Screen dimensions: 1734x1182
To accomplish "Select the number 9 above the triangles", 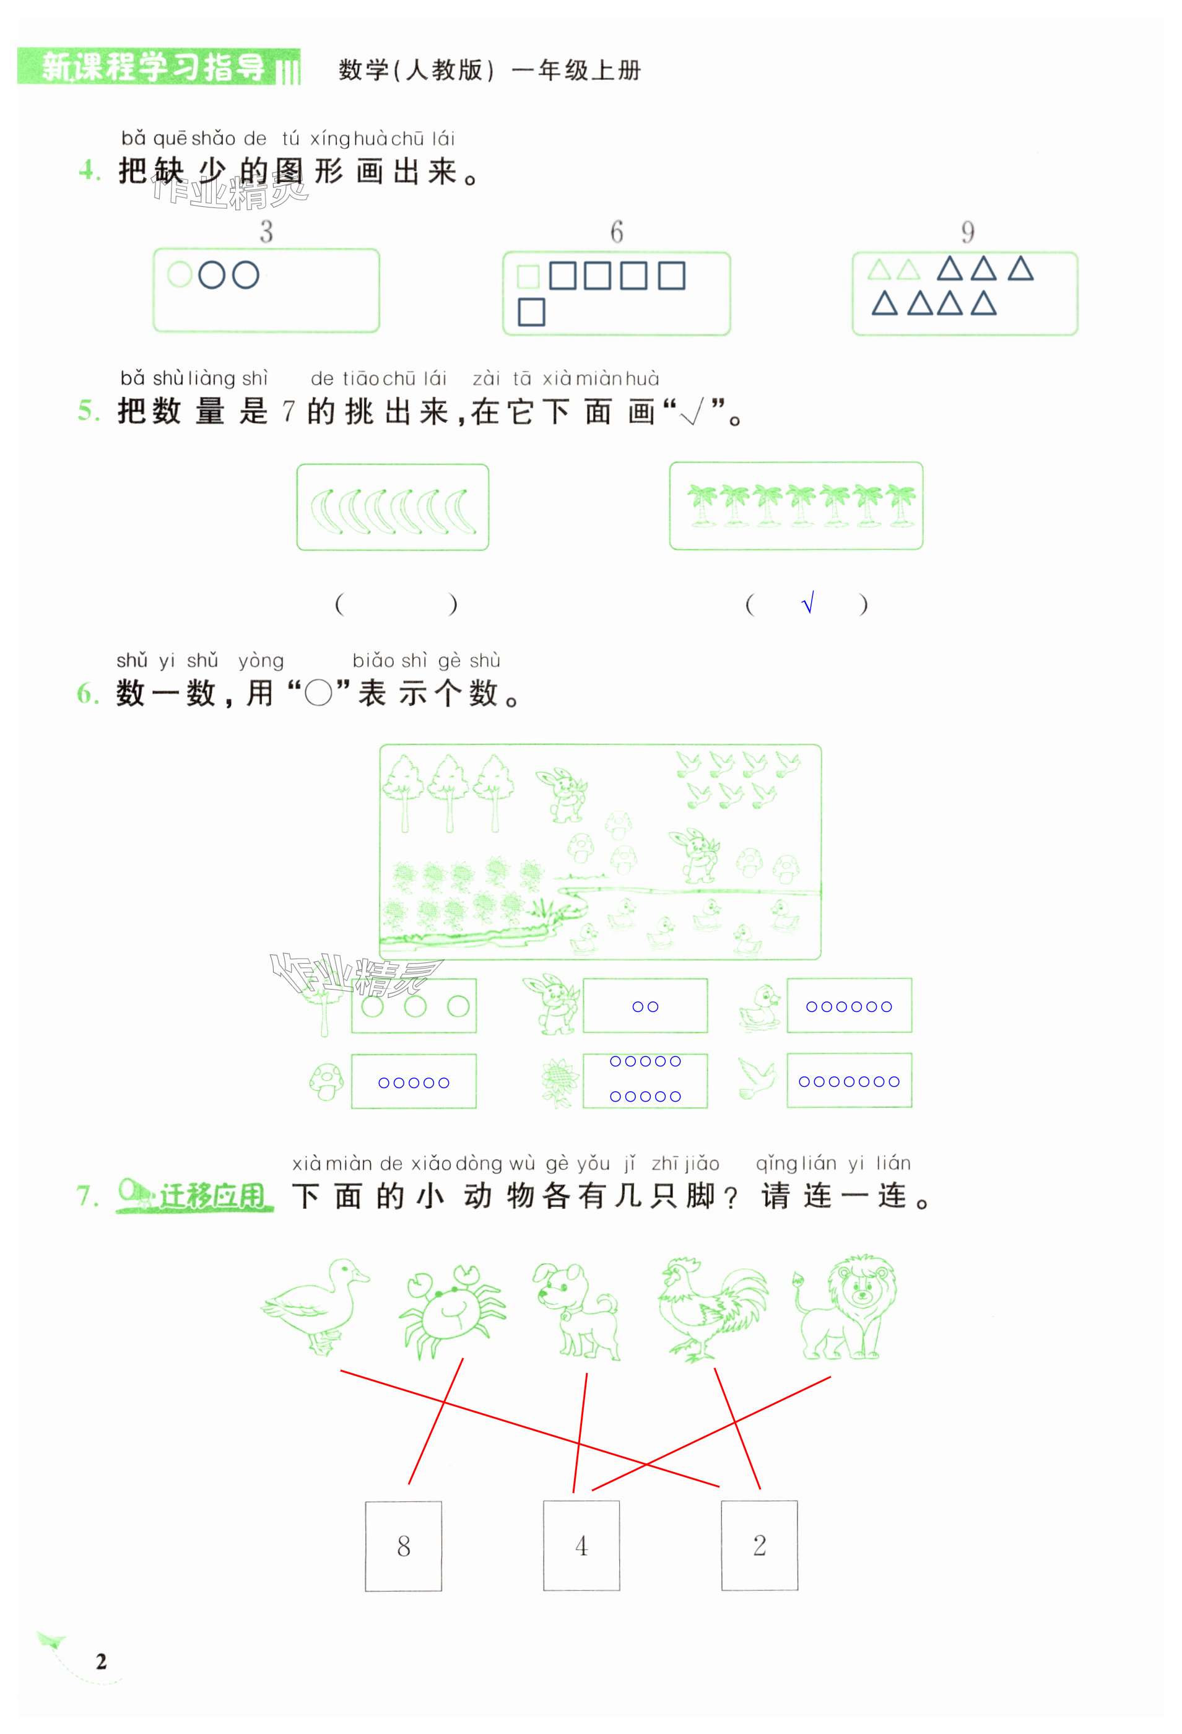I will (x=967, y=233).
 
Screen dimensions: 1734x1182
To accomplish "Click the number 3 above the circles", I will (x=266, y=233).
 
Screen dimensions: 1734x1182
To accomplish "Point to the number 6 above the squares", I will (x=616, y=233).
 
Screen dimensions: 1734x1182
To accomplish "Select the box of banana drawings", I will (x=393, y=507).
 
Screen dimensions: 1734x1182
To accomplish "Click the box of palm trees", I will (x=796, y=506).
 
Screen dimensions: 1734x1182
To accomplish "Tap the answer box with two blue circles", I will (x=645, y=1006).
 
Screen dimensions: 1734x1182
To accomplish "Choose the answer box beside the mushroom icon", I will (x=414, y=1081).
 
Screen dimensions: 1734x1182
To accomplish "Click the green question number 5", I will (x=88, y=411).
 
